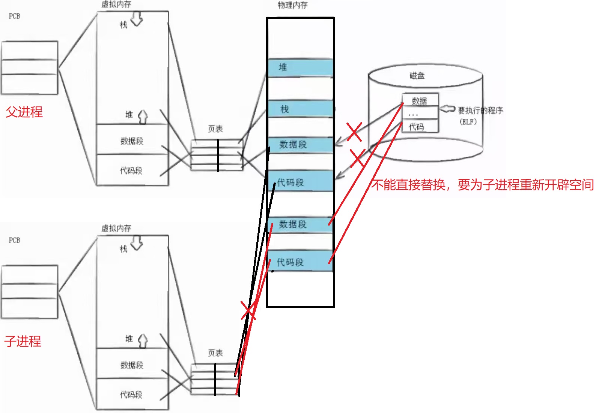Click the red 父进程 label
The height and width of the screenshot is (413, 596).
pos(24,112)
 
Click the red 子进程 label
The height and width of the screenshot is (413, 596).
pos(23,341)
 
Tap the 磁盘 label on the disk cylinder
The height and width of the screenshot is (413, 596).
pos(417,76)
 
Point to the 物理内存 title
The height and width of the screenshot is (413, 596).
pos(292,5)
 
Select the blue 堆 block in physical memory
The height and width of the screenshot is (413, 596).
pos(300,68)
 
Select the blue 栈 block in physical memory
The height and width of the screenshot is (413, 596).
pos(300,109)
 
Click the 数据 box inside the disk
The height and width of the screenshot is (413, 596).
pos(420,100)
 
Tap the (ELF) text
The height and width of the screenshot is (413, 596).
pos(468,122)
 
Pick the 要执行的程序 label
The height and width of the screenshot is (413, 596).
pos(480,110)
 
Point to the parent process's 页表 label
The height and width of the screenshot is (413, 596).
pos(215,129)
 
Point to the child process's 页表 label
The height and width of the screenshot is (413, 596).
pos(215,353)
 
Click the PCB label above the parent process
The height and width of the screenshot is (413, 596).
pos(15,16)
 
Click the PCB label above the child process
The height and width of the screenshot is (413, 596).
pos(15,240)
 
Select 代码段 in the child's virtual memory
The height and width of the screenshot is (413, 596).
pos(131,394)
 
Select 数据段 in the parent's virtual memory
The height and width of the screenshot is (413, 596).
pos(132,141)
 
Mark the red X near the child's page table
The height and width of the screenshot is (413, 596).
pos(248,311)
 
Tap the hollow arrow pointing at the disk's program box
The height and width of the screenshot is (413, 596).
pos(447,109)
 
